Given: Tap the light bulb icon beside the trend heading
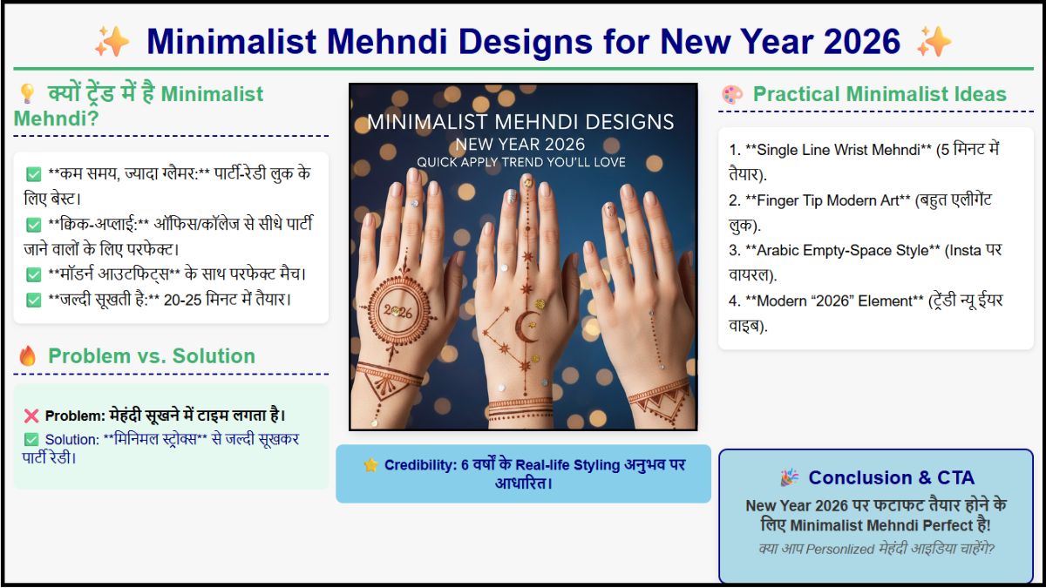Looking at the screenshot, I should (x=27, y=94).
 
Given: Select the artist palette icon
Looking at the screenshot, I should (x=732, y=95).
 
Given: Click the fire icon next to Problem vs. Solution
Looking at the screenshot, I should (x=28, y=356).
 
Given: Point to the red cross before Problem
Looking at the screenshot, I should (x=32, y=416).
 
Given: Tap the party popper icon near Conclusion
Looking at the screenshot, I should (x=789, y=477).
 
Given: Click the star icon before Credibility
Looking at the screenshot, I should (x=370, y=465).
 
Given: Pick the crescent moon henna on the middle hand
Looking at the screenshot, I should (x=526, y=328).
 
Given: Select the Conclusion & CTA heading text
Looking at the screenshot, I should (x=891, y=477).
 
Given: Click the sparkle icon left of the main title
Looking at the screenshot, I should (x=112, y=41).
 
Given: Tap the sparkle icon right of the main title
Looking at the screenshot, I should (x=934, y=41).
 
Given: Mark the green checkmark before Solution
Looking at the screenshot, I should (x=32, y=440).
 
